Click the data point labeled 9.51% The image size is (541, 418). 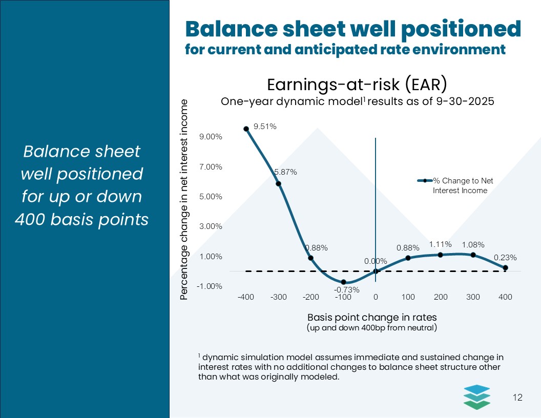pos(246,129)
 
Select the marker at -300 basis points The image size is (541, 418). pos(279,183)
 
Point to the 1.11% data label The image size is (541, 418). pos(440,244)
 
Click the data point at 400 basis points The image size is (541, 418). pos(505,268)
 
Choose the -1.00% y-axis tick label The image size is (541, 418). pos(211,286)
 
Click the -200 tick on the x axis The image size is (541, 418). pos(311,297)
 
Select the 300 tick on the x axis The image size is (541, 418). pos(473,297)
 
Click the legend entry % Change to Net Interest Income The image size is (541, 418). pos(459,185)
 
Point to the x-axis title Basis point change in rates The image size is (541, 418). pos(371,317)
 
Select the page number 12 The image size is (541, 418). pos(517,398)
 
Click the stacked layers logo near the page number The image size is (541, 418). pos(476,396)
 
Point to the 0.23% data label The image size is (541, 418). pos(505,258)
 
